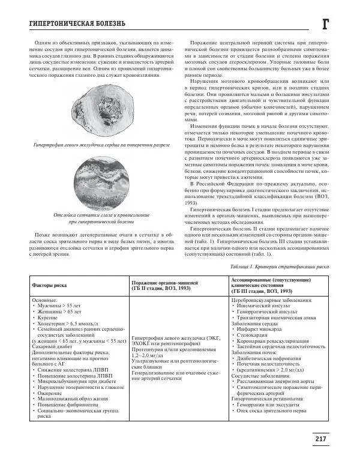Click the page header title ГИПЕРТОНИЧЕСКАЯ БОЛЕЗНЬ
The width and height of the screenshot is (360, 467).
pyautogui.click(x=68, y=23)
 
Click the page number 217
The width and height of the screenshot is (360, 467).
pyautogui.click(x=321, y=439)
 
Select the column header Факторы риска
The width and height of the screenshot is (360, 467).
pyautogui.click(x=50, y=287)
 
